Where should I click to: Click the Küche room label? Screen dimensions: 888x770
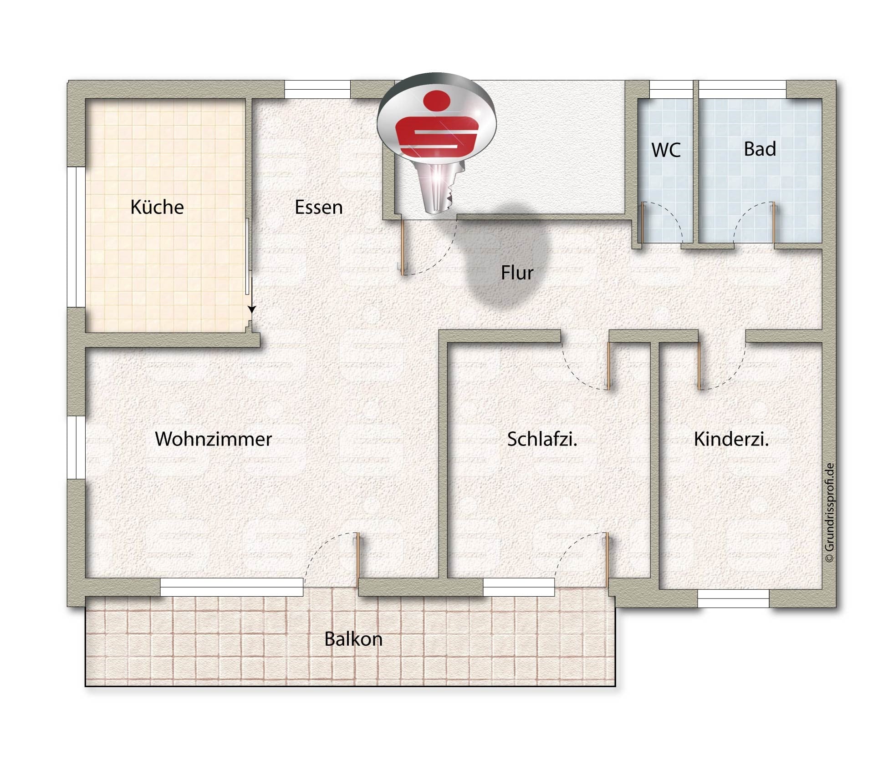click(x=157, y=207)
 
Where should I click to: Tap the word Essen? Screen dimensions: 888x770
click(x=319, y=208)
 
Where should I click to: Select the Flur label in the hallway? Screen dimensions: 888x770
click(x=517, y=273)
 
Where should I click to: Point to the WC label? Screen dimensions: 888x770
click(x=666, y=150)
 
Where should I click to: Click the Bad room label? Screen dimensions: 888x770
click(x=760, y=149)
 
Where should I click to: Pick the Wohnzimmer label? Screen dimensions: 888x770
click(x=213, y=439)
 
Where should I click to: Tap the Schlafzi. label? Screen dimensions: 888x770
click(x=542, y=439)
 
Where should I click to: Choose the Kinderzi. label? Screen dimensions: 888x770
click(x=731, y=439)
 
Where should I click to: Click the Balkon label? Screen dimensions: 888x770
click(x=353, y=639)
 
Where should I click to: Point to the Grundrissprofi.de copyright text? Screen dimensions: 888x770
click(x=829, y=512)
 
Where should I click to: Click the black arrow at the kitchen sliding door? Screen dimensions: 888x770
click(x=252, y=309)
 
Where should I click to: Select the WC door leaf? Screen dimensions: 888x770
click(x=641, y=223)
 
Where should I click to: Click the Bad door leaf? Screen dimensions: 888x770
click(x=773, y=223)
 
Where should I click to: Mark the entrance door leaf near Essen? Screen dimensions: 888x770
click(x=403, y=247)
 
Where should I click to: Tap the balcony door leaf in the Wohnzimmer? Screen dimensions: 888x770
click(x=358, y=560)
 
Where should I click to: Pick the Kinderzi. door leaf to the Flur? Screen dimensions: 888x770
click(x=700, y=366)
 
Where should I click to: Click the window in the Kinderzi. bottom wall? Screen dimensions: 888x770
click(x=733, y=598)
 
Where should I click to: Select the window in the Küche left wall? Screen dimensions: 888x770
click(x=77, y=237)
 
